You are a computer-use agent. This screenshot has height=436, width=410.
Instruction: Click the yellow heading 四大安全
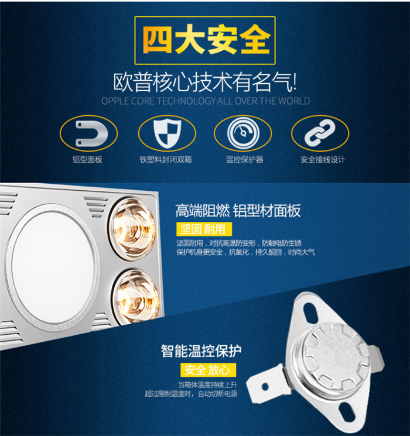click(x=206, y=39)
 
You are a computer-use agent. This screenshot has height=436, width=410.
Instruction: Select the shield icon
click(x=168, y=133)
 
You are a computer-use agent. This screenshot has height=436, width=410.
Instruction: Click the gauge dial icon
click(x=243, y=133)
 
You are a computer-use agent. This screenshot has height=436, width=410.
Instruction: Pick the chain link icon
click(x=320, y=133)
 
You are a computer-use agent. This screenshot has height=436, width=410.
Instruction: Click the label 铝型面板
click(x=87, y=159)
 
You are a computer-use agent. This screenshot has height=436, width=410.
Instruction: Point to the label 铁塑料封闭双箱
click(x=166, y=159)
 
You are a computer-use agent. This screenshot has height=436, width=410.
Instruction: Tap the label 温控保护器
click(x=244, y=159)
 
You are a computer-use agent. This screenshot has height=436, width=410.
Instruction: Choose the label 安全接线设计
click(x=323, y=159)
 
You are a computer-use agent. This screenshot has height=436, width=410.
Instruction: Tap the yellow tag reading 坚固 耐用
click(x=204, y=229)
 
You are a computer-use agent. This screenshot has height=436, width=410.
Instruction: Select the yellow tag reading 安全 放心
click(x=208, y=370)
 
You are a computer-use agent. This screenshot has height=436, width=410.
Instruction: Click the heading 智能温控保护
click(x=201, y=351)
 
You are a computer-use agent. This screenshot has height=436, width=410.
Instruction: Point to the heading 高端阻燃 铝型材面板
click(x=238, y=211)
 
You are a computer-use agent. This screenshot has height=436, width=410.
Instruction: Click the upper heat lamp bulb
click(x=132, y=229)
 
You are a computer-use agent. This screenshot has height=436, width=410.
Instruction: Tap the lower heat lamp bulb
click(x=136, y=296)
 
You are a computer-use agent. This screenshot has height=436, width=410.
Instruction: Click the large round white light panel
click(x=53, y=267)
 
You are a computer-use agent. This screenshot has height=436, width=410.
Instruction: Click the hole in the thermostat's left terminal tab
click(x=265, y=386)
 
